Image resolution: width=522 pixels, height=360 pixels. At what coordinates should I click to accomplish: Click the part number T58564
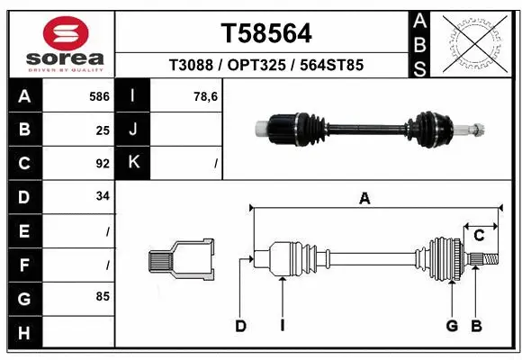(x=266, y=33)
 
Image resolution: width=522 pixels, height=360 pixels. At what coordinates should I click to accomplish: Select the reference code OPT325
(x=265, y=66)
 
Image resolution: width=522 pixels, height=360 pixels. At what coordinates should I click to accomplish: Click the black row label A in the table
(x=23, y=95)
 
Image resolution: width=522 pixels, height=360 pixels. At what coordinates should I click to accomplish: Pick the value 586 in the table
(x=99, y=95)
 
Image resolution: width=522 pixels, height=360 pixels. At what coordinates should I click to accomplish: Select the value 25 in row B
(x=103, y=130)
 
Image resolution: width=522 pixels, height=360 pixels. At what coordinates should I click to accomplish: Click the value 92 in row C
(x=103, y=164)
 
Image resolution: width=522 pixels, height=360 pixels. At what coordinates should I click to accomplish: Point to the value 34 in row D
(x=103, y=195)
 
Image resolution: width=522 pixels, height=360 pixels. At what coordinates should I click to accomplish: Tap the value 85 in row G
(x=103, y=295)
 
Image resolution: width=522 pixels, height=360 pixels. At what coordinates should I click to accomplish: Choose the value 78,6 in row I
(x=206, y=95)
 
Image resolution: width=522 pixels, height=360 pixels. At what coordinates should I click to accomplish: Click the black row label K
(x=133, y=163)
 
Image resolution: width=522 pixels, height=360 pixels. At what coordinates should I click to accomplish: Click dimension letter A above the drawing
(x=364, y=200)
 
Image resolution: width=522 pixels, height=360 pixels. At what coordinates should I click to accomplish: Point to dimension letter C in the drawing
(x=480, y=236)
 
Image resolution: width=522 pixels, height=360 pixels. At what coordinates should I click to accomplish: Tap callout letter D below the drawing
(x=240, y=326)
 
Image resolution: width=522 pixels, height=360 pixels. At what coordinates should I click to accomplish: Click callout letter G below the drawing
(x=452, y=326)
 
